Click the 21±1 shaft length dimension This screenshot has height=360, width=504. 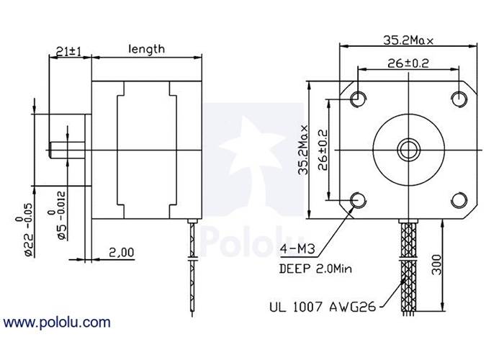pos(70,51)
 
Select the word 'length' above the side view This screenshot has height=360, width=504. pos(146,49)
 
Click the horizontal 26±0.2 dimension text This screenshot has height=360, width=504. pos(408,63)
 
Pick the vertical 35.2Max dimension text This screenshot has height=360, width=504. pos(305,150)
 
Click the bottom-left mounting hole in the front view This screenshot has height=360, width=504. pos(358,199)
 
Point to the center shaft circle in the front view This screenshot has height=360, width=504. pos(408,149)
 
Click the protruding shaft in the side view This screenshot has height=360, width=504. pos(68,150)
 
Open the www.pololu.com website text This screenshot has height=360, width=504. pos(58,322)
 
